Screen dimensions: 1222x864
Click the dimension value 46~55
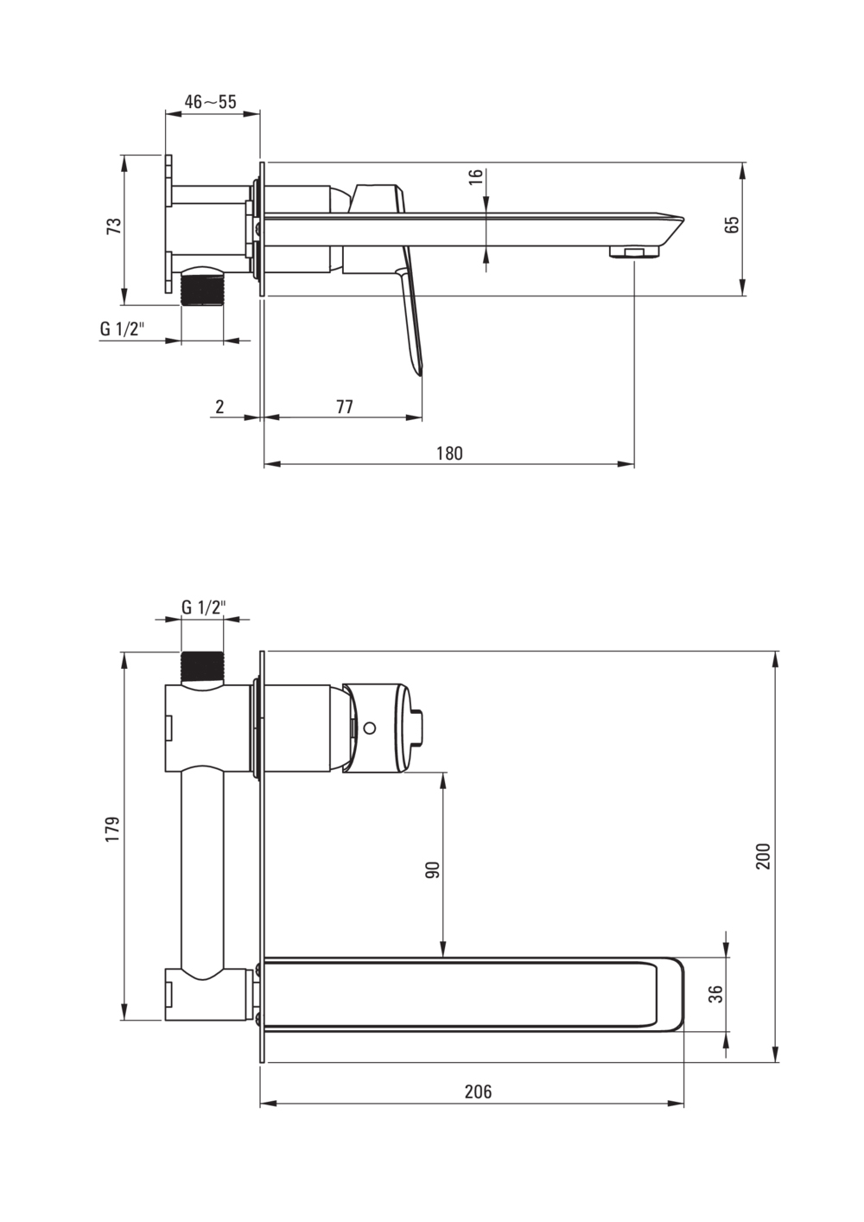click(210, 102)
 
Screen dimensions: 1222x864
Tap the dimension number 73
click(113, 226)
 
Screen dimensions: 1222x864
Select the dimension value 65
click(733, 225)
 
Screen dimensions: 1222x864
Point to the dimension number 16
click(474, 176)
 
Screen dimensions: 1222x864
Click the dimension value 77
click(344, 406)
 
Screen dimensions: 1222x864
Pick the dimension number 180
click(449, 453)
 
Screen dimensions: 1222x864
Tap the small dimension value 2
click(219, 406)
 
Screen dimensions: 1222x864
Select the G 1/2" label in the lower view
click(203, 607)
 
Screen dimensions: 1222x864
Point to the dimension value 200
click(763, 855)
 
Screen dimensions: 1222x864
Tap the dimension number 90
click(434, 869)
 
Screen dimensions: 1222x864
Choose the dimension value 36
click(715, 995)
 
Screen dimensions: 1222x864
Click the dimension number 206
click(478, 1092)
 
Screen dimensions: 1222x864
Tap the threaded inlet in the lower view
click(204, 666)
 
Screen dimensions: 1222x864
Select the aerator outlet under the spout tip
click(634, 252)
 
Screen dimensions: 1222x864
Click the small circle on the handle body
click(371, 728)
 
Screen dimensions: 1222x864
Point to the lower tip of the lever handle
click(419, 370)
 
